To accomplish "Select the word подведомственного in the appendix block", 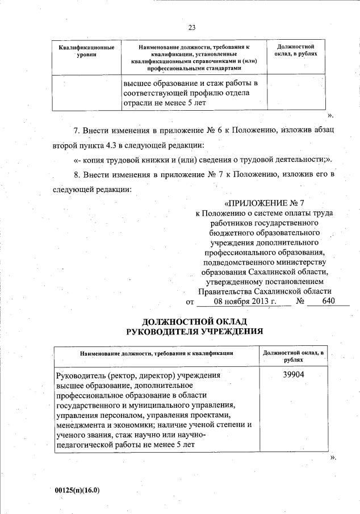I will pyautogui.click(x=243, y=261).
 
